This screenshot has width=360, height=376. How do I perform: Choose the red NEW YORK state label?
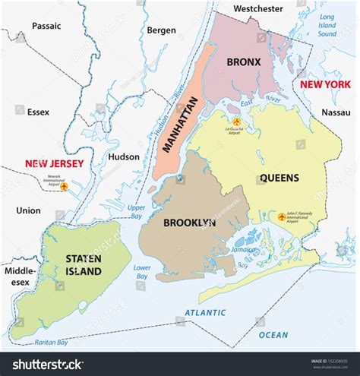tap(325, 84)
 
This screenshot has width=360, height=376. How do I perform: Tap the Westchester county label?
tap(257, 8)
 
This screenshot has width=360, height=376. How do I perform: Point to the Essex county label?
tap(38, 112)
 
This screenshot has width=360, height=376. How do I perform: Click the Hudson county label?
tap(124, 157)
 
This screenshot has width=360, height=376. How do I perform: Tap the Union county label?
tap(28, 210)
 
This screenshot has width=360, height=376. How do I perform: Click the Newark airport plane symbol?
tap(64, 186)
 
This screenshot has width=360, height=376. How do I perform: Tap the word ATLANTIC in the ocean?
tap(205, 312)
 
